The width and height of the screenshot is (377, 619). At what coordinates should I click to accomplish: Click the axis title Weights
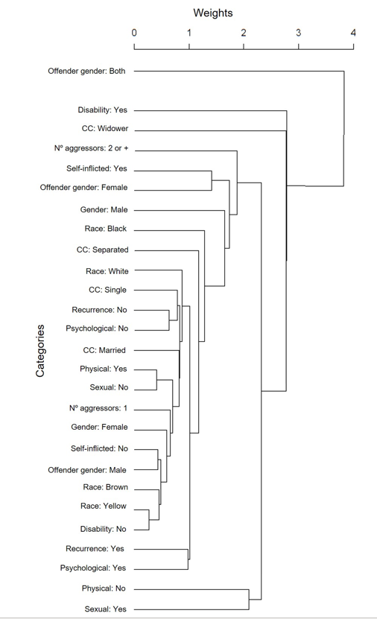tap(213, 13)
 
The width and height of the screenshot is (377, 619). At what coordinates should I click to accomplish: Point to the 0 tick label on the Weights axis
tap(134, 33)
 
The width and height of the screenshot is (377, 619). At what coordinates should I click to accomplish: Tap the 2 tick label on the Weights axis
tap(244, 33)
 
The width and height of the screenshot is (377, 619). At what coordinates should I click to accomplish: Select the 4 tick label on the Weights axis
tap(353, 33)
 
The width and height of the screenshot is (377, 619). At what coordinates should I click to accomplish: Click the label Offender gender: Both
tap(86, 72)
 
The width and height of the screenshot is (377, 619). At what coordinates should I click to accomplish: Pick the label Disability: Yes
tap(102, 110)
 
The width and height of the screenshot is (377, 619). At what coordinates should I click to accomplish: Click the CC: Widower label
tap(104, 128)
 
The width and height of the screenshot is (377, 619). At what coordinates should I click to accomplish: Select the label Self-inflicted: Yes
tap(97, 169)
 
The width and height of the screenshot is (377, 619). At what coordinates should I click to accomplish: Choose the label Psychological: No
tap(96, 328)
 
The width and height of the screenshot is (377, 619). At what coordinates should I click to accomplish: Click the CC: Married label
tap(104, 350)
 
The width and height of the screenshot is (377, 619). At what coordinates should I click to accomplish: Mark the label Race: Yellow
tap(104, 507)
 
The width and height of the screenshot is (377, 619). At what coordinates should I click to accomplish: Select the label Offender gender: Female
tap(83, 188)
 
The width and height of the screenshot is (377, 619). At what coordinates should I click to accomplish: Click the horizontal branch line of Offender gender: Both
tap(238, 72)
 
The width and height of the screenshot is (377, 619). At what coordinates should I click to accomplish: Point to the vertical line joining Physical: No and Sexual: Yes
tap(249, 599)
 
